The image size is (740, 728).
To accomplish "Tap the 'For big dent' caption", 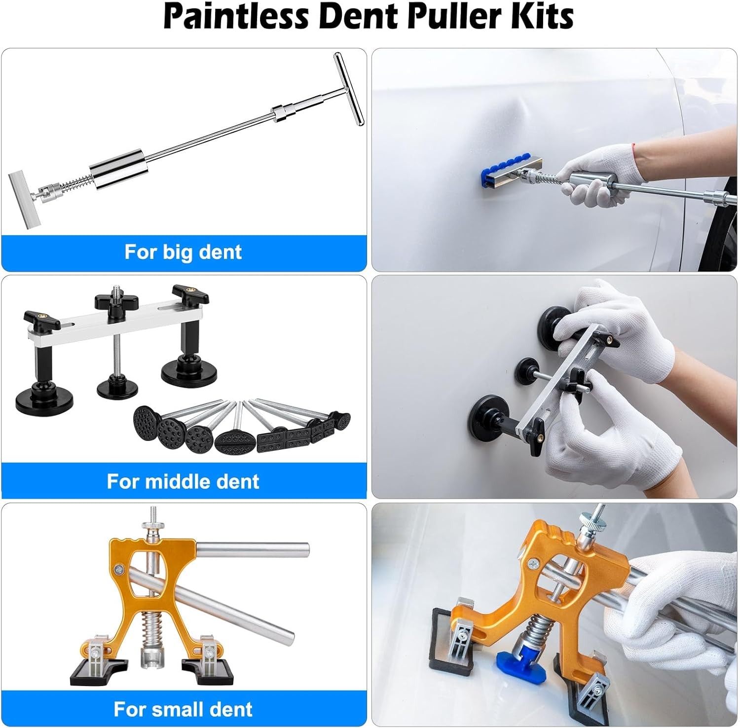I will [x=183, y=252].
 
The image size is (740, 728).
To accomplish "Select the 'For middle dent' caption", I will [x=183, y=481].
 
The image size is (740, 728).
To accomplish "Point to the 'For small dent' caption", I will [x=183, y=709].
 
